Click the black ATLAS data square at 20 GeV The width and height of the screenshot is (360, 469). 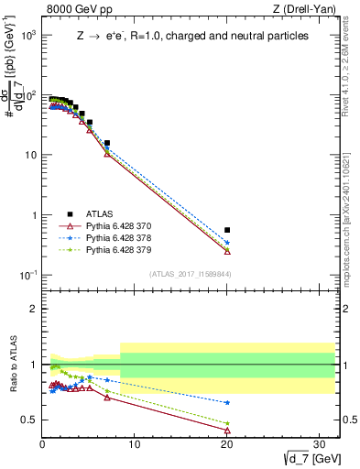click(227, 230)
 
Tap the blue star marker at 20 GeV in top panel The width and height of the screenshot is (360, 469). click(227, 243)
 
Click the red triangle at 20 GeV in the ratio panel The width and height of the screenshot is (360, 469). click(227, 431)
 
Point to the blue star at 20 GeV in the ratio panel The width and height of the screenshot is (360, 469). click(227, 402)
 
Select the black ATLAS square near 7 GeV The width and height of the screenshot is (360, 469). click(107, 143)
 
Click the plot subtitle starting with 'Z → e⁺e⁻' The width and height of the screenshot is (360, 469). click(191, 36)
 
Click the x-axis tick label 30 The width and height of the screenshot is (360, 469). click(321, 444)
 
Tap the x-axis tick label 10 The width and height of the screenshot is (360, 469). click(135, 444)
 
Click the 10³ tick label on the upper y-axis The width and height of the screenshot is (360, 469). click(28, 34)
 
